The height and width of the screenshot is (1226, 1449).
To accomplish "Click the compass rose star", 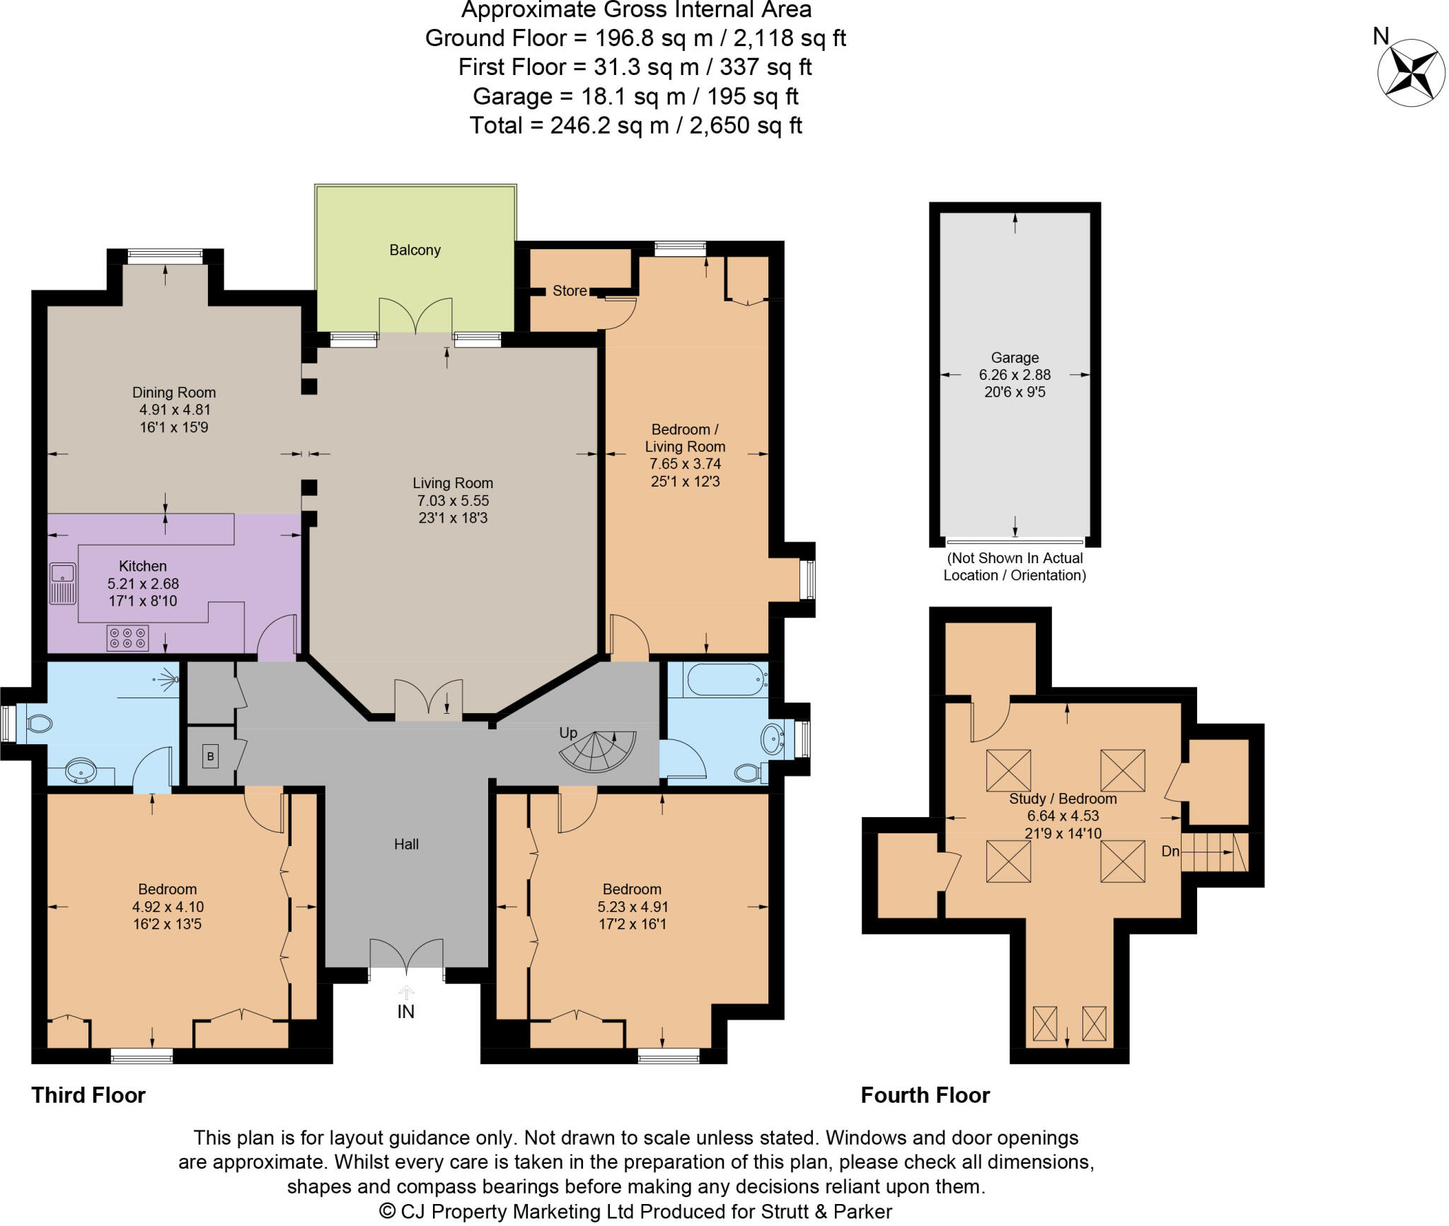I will tap(1411, 73).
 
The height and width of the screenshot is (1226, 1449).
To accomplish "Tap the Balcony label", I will tap(415, 250).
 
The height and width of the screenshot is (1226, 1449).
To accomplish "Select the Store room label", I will tap(569, 291).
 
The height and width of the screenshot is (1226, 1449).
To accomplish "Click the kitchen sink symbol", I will tap(62, 584).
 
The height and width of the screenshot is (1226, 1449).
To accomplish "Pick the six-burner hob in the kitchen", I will tap(127, 637).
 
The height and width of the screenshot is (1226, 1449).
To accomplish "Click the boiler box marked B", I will tap(210, 757).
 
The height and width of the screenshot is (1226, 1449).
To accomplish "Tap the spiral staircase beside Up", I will tap(599, 751).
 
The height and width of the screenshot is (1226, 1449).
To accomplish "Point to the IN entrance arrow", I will tap(406, 994).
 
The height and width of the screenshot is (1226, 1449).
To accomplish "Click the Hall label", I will tap(406, 844).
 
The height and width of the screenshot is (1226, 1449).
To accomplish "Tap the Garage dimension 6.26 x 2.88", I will tap(1015, 375).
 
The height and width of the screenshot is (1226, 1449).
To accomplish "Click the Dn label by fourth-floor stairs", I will tap(1170, 851).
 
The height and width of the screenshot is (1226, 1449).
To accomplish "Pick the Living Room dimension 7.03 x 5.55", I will tap(453, 501).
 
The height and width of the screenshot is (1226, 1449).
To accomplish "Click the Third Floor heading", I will tap(88, 1095).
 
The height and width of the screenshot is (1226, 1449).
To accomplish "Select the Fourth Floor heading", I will tap(925, 1095).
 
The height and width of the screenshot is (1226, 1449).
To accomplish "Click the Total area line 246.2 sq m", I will tap(635, 125).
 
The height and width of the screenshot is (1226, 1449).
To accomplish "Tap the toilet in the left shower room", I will tap(39, 724).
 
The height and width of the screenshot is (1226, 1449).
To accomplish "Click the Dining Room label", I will tap(174, 393).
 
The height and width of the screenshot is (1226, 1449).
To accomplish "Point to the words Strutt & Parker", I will tap(826, 1211).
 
